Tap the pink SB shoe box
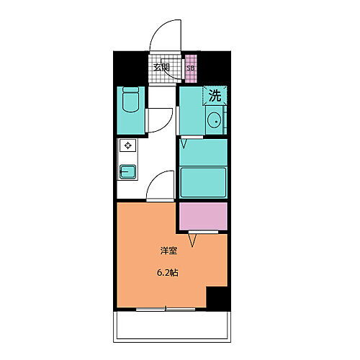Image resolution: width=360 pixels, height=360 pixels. [x=191, y=69]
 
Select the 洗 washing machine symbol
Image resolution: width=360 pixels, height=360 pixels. [x=215, y=94]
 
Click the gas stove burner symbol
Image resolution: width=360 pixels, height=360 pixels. [x=127, y=147]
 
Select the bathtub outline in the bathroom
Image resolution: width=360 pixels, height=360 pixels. [x=203, y=181]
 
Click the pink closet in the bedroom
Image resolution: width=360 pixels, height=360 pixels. [x=203, y=215]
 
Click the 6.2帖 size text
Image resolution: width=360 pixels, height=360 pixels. [x=168, y=274]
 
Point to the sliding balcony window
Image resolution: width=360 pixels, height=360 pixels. [x=166, y=308]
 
